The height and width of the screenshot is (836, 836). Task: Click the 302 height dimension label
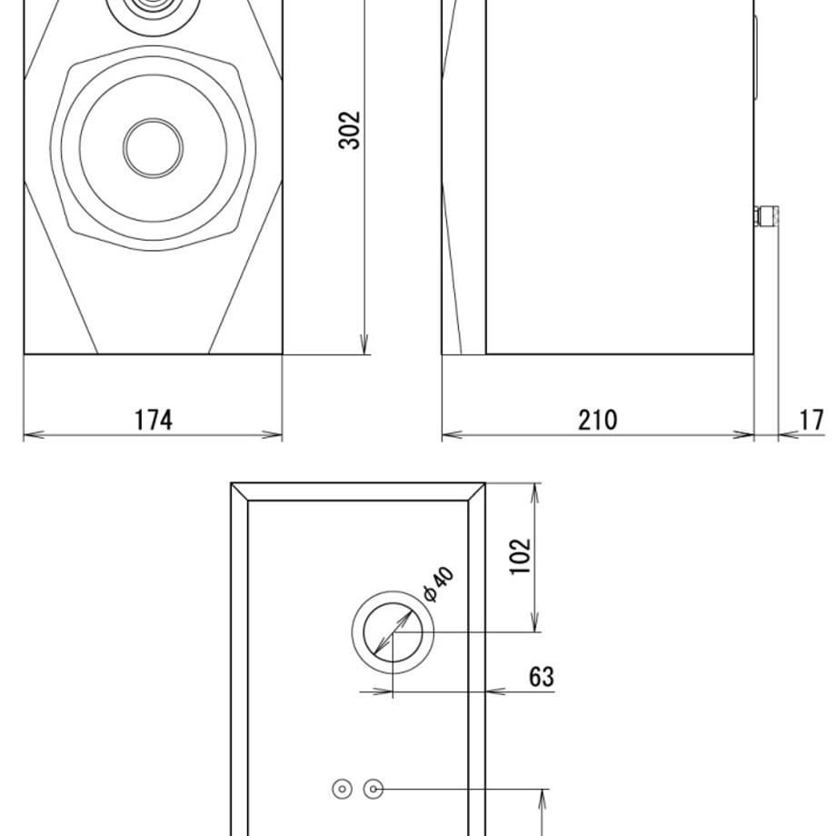click(x=350, y=130)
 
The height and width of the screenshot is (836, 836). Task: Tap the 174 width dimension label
click(x=154, y=420)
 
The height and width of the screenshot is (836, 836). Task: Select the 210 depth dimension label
click(x=598, y=420)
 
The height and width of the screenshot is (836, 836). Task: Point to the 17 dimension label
click(x=812, y=420)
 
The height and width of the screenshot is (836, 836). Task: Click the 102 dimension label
click(x=521, y=557)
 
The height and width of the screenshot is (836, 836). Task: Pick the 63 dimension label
click(x=542, y=677)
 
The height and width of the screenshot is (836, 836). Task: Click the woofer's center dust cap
click(x=153, y=148)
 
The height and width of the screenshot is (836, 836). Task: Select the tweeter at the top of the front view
click(x=154, y=12)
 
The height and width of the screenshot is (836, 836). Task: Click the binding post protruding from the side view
click(x=767, y=215)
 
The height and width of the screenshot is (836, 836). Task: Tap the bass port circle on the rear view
click(x=393, y=632)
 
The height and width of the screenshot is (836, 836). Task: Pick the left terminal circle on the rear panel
click(x=343, y=789)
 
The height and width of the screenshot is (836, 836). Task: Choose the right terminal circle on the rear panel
click(x=373, y=789)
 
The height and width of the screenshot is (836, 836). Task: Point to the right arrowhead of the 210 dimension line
click(x=743, y=435)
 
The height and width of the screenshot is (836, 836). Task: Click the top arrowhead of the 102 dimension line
click(x=535, y=493)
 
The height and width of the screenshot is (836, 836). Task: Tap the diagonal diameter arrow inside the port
click(x=393, y=632)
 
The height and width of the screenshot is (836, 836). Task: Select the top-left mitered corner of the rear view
click(x=239, y=492)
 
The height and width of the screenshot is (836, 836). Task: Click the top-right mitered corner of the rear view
click(x=477, y=492)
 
